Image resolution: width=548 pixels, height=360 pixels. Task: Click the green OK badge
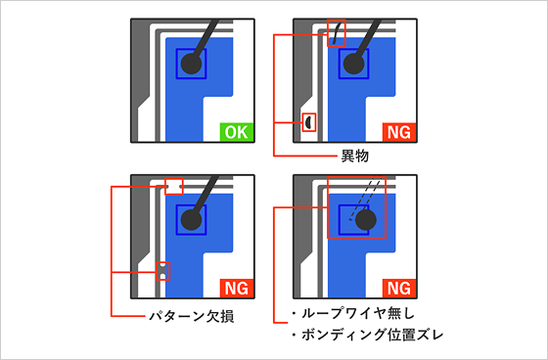[237, 132]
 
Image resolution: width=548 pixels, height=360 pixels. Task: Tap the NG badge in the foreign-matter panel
[399, 132]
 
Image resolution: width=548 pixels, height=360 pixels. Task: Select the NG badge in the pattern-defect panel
[237, 289]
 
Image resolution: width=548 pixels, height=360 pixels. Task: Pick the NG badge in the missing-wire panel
[399, 289]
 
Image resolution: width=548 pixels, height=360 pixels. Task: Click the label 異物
[354, 156]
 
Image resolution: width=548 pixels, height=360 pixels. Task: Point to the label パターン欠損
[192, 316]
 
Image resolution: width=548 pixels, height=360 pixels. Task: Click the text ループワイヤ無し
[358, 313]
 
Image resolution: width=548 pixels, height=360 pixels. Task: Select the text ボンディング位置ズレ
[372, 335]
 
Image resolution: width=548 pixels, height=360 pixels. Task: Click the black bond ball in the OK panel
[192, 64]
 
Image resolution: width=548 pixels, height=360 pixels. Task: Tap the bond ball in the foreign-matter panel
[354, 64]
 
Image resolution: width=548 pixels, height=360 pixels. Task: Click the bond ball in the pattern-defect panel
[192, 220]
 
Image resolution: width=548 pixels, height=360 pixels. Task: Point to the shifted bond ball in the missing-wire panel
[366, 220]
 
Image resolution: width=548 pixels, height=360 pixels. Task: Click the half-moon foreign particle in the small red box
[308, 122]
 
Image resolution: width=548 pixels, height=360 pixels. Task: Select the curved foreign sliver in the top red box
[337, 33]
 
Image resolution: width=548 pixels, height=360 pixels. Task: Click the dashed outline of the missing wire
[364, 200]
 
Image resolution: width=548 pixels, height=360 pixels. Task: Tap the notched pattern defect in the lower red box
[162, 271]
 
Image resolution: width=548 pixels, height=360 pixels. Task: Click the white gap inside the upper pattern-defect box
[174, 187]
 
